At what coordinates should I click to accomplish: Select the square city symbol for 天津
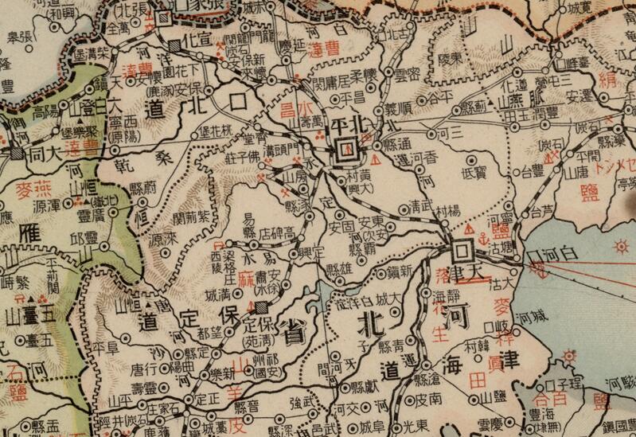[x=460, y=252]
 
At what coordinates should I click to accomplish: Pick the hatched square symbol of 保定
[x=261, y=303]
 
